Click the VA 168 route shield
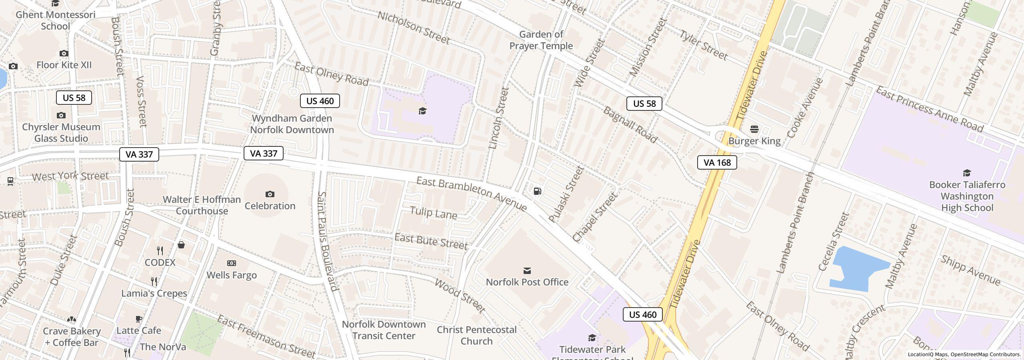tap(717, 162)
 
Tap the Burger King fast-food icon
tap(754, 129)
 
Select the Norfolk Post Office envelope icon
tap(527, 271)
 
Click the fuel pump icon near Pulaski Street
tap(538, 191)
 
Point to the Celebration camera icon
tap(270, 194)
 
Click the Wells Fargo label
tap(232, 275)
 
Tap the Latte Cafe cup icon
tap(138, 319)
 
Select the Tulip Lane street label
tap(433, 212)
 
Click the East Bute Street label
tap(431, 241)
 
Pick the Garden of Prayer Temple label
tap(541, 40)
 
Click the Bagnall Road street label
tap(629, 125)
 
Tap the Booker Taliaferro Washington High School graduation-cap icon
tap(967, 173)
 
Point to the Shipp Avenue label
tap(970, 271)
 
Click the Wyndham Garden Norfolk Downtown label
tap(292, 124)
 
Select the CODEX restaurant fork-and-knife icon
tap(160, 251)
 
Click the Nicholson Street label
tap(413, 27)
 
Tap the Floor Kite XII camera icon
tap(64, 53)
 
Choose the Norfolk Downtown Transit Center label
tap(384, 330)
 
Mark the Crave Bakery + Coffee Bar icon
tap(72, 320)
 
